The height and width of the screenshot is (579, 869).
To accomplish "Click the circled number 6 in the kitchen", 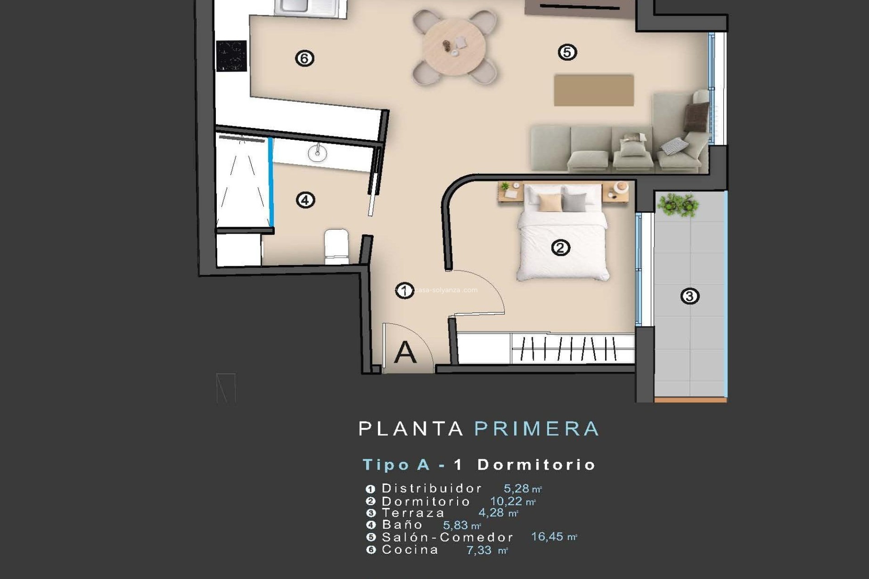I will click(304, 58).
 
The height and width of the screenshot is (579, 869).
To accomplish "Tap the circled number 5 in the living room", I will click(567, 52).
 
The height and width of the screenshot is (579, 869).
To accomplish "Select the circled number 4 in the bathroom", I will click(305, 200).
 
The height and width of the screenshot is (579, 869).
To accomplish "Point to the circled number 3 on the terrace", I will click(690, 296).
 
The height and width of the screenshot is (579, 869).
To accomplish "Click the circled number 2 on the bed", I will click(560, 248).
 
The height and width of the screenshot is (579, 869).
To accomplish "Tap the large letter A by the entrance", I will click(405, 353).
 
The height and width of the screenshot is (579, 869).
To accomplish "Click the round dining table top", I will click(454, 46).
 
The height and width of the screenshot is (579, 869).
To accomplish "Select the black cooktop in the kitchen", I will click(231, 56).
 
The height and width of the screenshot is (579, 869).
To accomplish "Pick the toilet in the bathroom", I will click(336, 246).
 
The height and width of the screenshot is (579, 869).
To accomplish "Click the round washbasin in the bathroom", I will click(317, 153).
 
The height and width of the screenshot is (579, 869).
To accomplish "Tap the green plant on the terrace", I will click(678, 204).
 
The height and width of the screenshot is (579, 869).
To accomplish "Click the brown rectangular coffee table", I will click(593, 90).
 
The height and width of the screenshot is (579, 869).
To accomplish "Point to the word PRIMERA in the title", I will click(536, 429).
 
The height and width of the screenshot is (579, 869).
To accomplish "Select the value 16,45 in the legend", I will click(547, 537).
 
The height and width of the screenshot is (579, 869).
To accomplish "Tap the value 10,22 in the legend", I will click(506, 501).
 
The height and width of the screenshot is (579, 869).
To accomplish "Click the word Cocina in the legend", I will click(410, 550).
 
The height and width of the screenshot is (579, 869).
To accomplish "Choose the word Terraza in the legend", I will click(413, 513).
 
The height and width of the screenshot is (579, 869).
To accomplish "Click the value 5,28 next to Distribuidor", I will click(516, 489).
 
